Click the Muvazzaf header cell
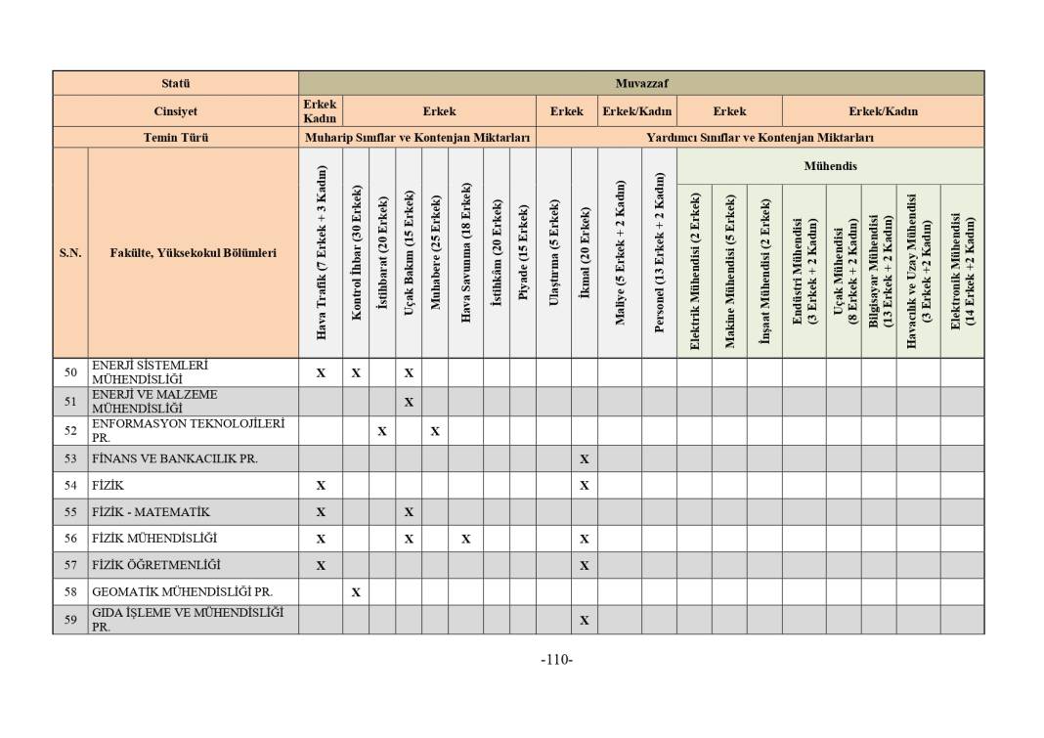pos(641,83)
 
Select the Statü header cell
pos(176,83)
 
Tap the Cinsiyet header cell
pos(176,111)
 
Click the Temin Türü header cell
pos(176,138)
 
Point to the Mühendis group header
pos(830,166)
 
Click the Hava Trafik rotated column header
pos(321,252)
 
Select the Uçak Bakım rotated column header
pos(409,252)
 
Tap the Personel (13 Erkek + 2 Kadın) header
pos(659,252)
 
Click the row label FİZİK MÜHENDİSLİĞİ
pos(154,539)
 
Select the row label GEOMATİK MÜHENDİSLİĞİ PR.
pos(182,591)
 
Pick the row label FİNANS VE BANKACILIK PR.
pos(175,458)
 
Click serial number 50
pos(70,372)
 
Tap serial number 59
pos(70,620)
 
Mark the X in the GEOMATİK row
pos(356,592)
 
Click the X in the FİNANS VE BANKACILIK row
pos(585,458)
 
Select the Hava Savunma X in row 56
pos(466,539)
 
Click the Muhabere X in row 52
pos(435,431)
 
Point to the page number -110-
pos(556,660)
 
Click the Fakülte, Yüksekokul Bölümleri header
pos(193,253)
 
